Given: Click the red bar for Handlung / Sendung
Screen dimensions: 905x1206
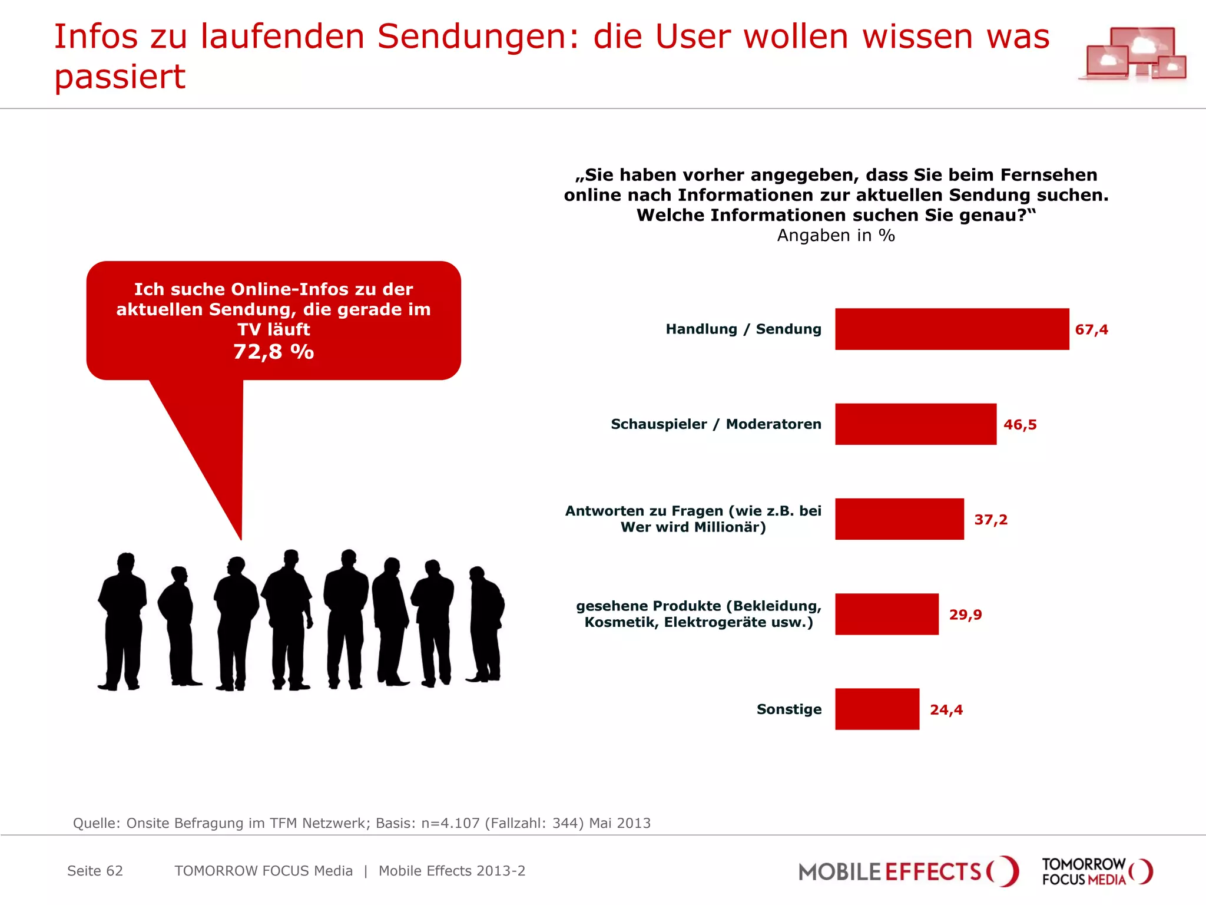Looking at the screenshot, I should coord(952,329).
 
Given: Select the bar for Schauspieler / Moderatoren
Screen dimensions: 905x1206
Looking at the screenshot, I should coord(915,424).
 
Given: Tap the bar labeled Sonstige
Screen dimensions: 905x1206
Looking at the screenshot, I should coord(877,709).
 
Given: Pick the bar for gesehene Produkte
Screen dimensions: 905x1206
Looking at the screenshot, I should coord(886,614).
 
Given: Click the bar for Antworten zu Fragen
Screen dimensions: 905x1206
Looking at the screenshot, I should coord(899,519).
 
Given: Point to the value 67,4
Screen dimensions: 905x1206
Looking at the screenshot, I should coord(1091,329).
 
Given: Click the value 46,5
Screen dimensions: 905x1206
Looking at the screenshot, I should coord(1020,425).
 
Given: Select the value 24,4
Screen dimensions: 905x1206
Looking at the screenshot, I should coord(946,709).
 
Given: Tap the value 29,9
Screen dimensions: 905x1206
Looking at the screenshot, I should coord(965,615).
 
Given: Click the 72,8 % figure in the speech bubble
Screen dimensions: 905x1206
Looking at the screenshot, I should coord(273,352).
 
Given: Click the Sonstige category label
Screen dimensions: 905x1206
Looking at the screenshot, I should coord(788,709).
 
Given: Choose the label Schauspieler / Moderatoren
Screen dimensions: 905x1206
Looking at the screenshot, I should coord(715,424).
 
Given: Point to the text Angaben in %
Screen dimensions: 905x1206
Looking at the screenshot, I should coord(836,236).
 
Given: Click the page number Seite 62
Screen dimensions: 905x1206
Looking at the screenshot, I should coord(95,871).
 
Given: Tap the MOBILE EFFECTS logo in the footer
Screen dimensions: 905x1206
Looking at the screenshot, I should coord(907,871).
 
